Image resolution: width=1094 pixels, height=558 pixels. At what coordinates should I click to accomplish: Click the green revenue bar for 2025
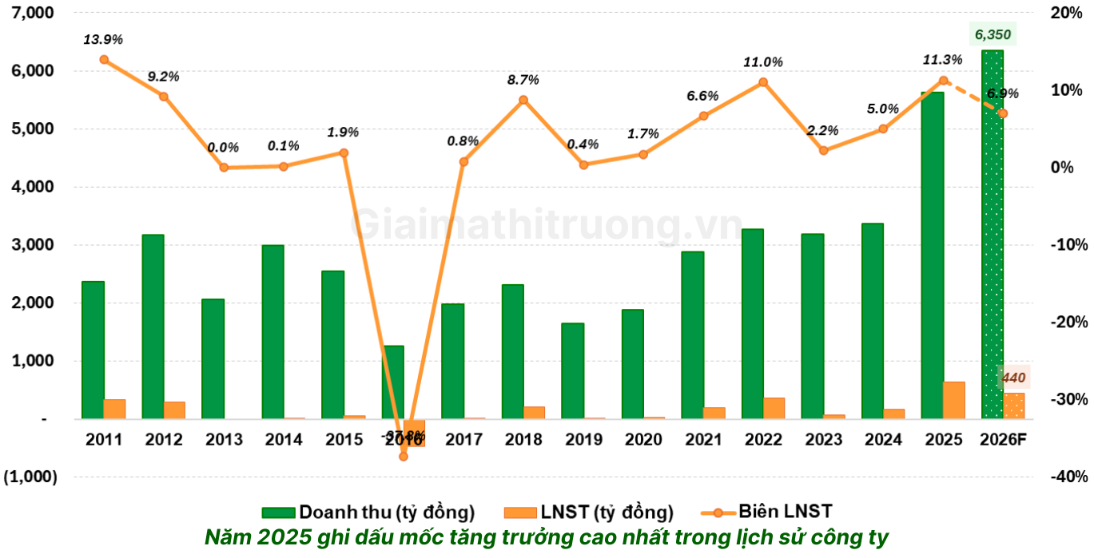[932, 255]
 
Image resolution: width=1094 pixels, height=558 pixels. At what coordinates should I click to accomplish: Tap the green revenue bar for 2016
[392, 382]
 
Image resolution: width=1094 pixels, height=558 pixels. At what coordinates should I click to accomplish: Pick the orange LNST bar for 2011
[114, 409]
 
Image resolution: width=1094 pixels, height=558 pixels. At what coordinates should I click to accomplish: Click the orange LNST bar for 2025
[953, 400]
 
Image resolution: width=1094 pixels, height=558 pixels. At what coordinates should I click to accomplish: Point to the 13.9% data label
[104, 39]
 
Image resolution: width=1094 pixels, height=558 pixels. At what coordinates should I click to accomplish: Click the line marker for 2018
[523, 100]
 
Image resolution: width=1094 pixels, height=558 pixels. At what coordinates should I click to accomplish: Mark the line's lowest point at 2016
[404, 456]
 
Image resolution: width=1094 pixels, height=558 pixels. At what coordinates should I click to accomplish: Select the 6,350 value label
[993, 34]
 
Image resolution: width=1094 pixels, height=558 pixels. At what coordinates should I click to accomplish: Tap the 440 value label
[1013, 377]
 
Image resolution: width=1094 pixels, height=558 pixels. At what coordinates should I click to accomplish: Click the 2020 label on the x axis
[643, 440]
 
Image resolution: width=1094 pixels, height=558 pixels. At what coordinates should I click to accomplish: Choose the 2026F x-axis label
[1003, 440]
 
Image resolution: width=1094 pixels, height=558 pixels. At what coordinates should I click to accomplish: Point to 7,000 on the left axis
[29, 14]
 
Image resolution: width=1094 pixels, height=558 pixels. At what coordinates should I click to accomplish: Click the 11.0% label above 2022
[763, 62]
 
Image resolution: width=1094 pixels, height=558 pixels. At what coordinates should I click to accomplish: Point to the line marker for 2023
[824, 150]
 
